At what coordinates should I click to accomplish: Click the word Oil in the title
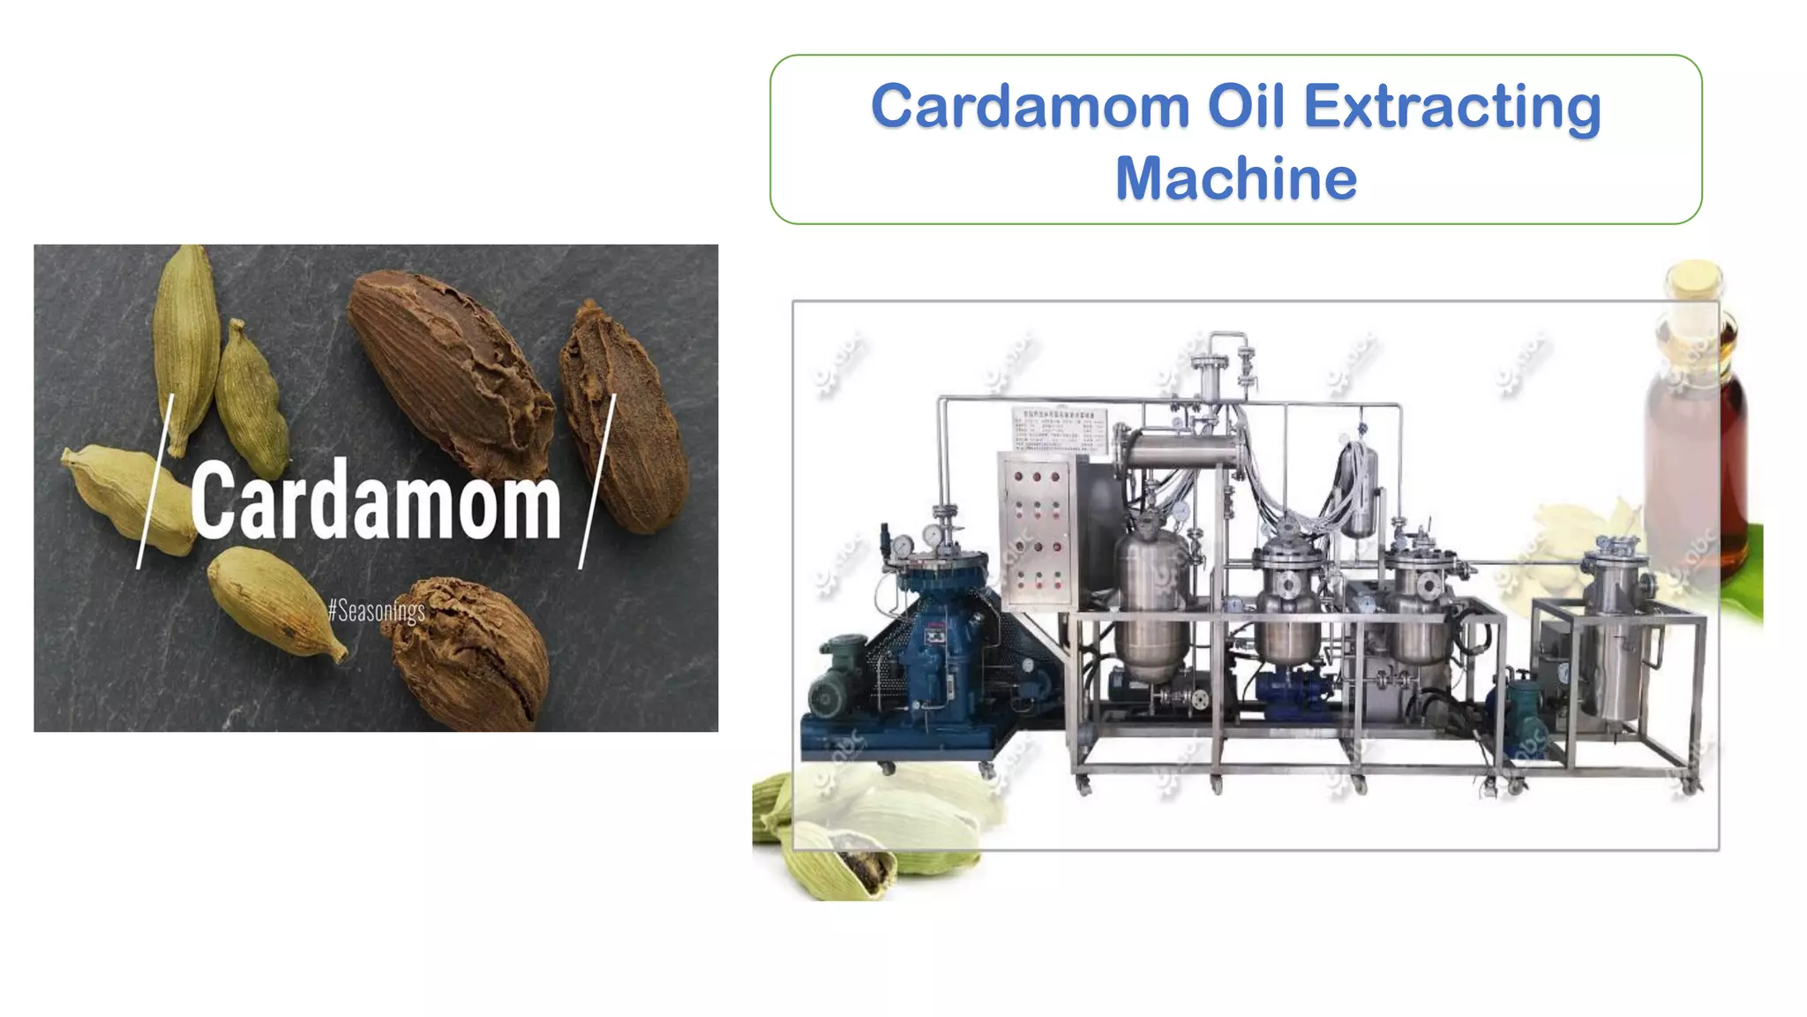1247,107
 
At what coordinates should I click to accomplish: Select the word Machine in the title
1235,179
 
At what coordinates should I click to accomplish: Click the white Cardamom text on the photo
376,501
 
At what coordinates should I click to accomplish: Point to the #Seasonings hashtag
377,610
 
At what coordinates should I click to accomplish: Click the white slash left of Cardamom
155,482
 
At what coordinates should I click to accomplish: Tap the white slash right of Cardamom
597,482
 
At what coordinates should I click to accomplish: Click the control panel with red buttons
1036,530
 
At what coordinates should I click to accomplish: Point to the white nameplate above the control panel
1059,430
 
